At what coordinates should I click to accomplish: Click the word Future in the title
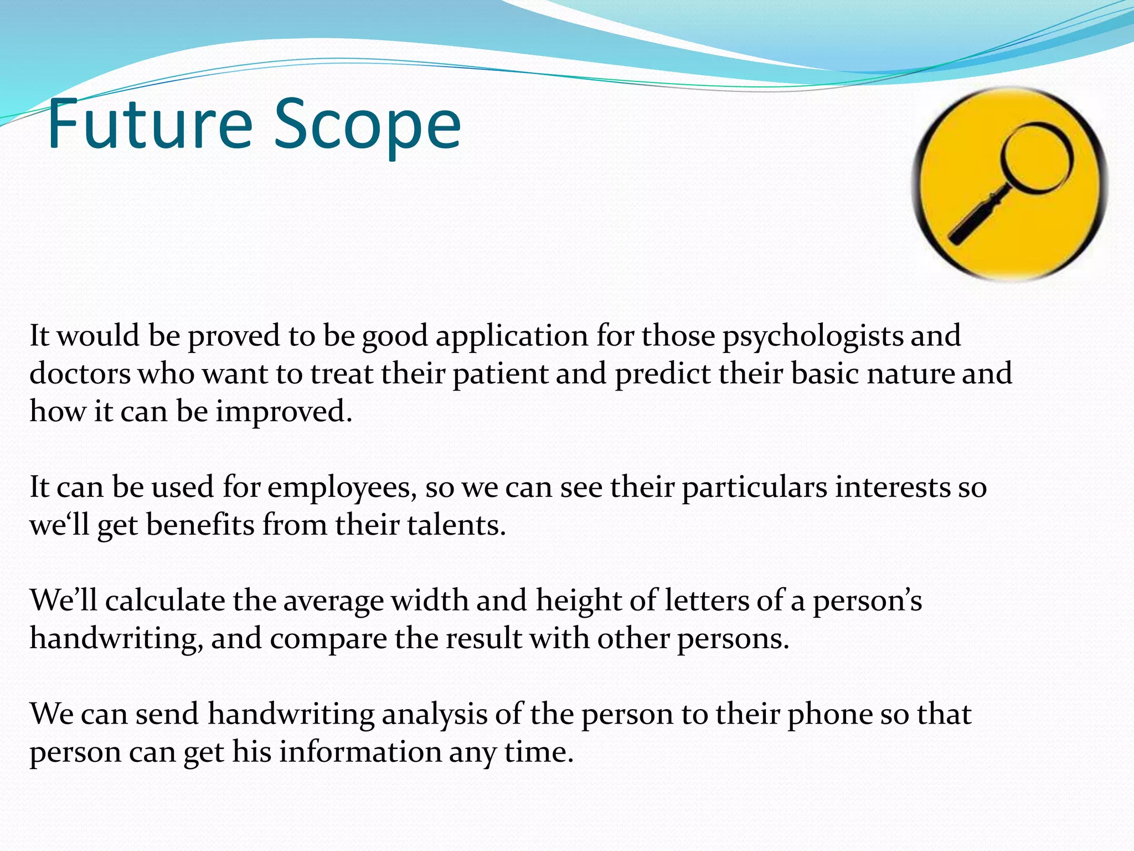[150, 125]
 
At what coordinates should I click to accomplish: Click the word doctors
[80, 373]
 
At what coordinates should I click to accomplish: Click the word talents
[456, 525]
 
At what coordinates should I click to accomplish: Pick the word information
[360, 752]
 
